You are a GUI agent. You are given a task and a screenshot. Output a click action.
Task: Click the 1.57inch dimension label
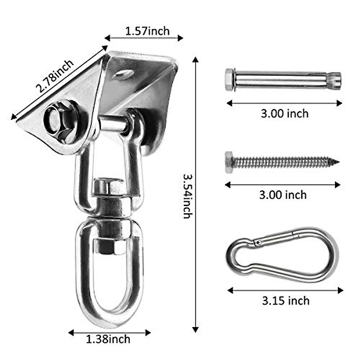[x=147, y=31]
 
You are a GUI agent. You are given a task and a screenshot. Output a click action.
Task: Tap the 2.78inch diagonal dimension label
[x=55, y=76]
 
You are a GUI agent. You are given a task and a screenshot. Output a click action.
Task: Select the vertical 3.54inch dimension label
[x=188, y=196]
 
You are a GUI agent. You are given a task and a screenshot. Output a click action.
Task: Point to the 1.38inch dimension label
[x=108, y=339]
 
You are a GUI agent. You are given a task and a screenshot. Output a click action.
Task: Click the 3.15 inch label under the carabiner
[x=285, y=301]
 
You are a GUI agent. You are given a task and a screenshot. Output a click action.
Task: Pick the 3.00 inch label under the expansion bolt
[x=284, y=114]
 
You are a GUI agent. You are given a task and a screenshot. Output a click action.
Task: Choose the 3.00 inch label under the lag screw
[x=283, y=195]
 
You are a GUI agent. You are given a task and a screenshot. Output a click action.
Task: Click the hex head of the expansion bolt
[x=229, y=79]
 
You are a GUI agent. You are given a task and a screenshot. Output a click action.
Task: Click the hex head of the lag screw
[x=229, y=162]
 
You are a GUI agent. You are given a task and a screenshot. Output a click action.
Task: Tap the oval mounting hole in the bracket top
[x=124, y=74]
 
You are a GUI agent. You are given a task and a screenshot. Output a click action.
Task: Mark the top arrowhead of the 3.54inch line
[x=196, y=59]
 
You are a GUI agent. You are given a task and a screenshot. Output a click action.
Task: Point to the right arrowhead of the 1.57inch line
[x=181, y=38]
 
